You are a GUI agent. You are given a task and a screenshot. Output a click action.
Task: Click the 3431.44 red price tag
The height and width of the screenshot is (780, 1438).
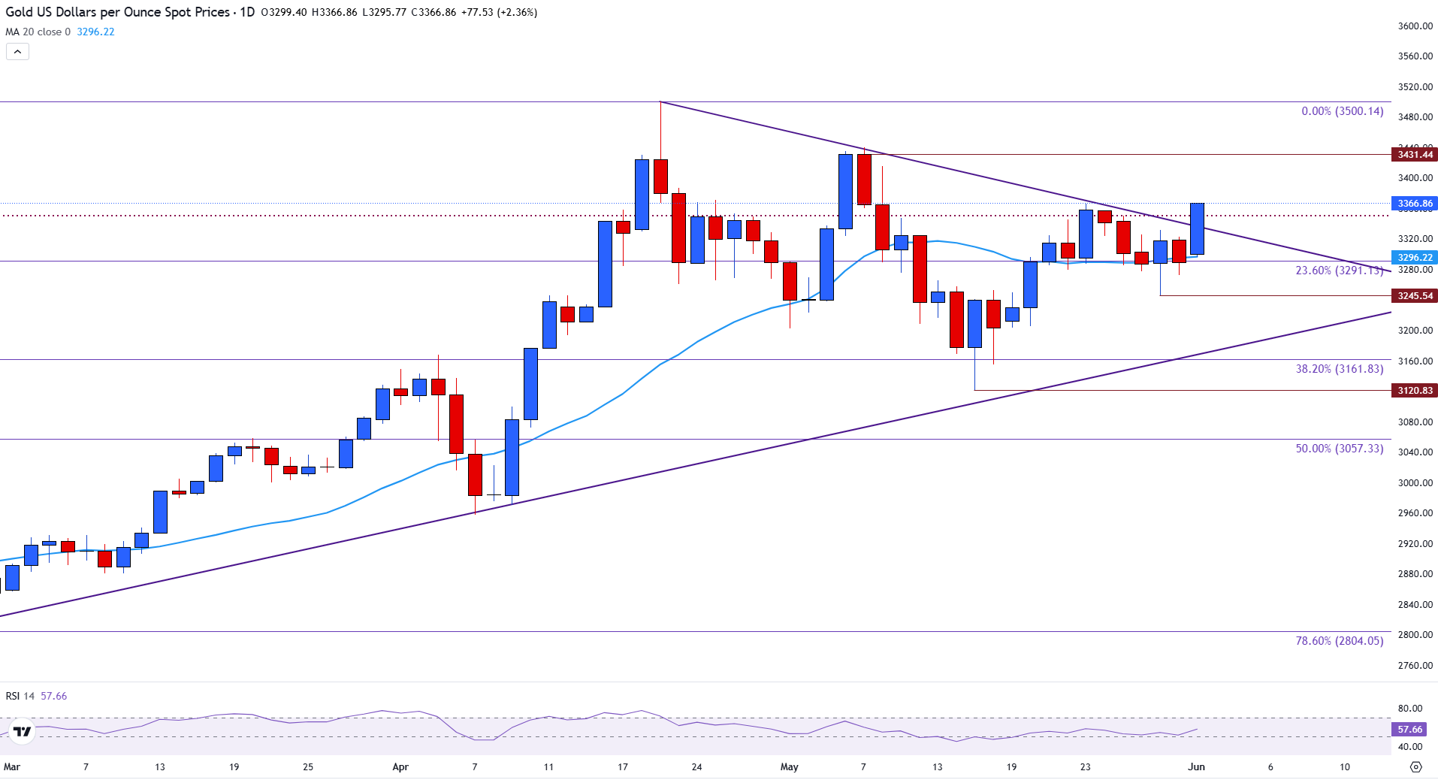[1415, 155]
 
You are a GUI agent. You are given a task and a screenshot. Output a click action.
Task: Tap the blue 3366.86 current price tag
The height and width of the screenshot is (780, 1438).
[1415, 204]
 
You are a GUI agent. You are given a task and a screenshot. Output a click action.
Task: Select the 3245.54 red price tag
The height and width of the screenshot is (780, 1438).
[1415, 296]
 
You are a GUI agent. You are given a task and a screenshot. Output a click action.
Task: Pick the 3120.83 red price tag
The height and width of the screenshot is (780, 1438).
[1415, 391]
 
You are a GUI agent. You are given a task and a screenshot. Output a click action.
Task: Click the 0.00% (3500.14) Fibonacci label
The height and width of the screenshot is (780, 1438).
[1342, 111]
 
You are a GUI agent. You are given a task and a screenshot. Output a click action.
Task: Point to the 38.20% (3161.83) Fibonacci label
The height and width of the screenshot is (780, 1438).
[1339, 369]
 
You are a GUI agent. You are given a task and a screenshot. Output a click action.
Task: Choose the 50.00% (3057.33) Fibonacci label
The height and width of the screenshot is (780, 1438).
[1339, 449]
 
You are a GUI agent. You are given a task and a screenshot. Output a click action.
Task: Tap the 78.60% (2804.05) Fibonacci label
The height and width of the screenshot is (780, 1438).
[1339, 641]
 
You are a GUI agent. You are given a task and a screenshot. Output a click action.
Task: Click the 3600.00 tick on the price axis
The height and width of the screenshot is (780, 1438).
[1415, 26]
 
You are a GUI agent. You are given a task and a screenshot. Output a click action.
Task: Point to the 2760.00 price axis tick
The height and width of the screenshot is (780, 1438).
[1415, 666]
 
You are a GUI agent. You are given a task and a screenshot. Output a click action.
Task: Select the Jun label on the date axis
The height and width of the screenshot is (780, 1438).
[1196, 767]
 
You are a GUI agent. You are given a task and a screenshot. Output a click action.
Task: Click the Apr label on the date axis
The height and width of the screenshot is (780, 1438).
[400, 767]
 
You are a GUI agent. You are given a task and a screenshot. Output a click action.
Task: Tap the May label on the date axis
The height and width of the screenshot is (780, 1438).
[789, 767]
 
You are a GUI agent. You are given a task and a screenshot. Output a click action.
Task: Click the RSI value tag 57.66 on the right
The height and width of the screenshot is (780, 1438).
[1409, 730]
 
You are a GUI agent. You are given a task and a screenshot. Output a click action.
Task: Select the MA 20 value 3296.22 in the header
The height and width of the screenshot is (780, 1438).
[95, 32]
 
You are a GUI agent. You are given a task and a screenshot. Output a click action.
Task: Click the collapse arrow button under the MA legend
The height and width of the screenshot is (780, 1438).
[17, 52]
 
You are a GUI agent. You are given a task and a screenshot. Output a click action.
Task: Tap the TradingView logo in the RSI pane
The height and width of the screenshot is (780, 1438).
[23, 731]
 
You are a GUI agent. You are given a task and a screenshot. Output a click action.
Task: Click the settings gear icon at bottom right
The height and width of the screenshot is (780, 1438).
[1415, 767]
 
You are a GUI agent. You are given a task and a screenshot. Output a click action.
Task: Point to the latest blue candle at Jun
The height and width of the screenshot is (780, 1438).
[1197, 228]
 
